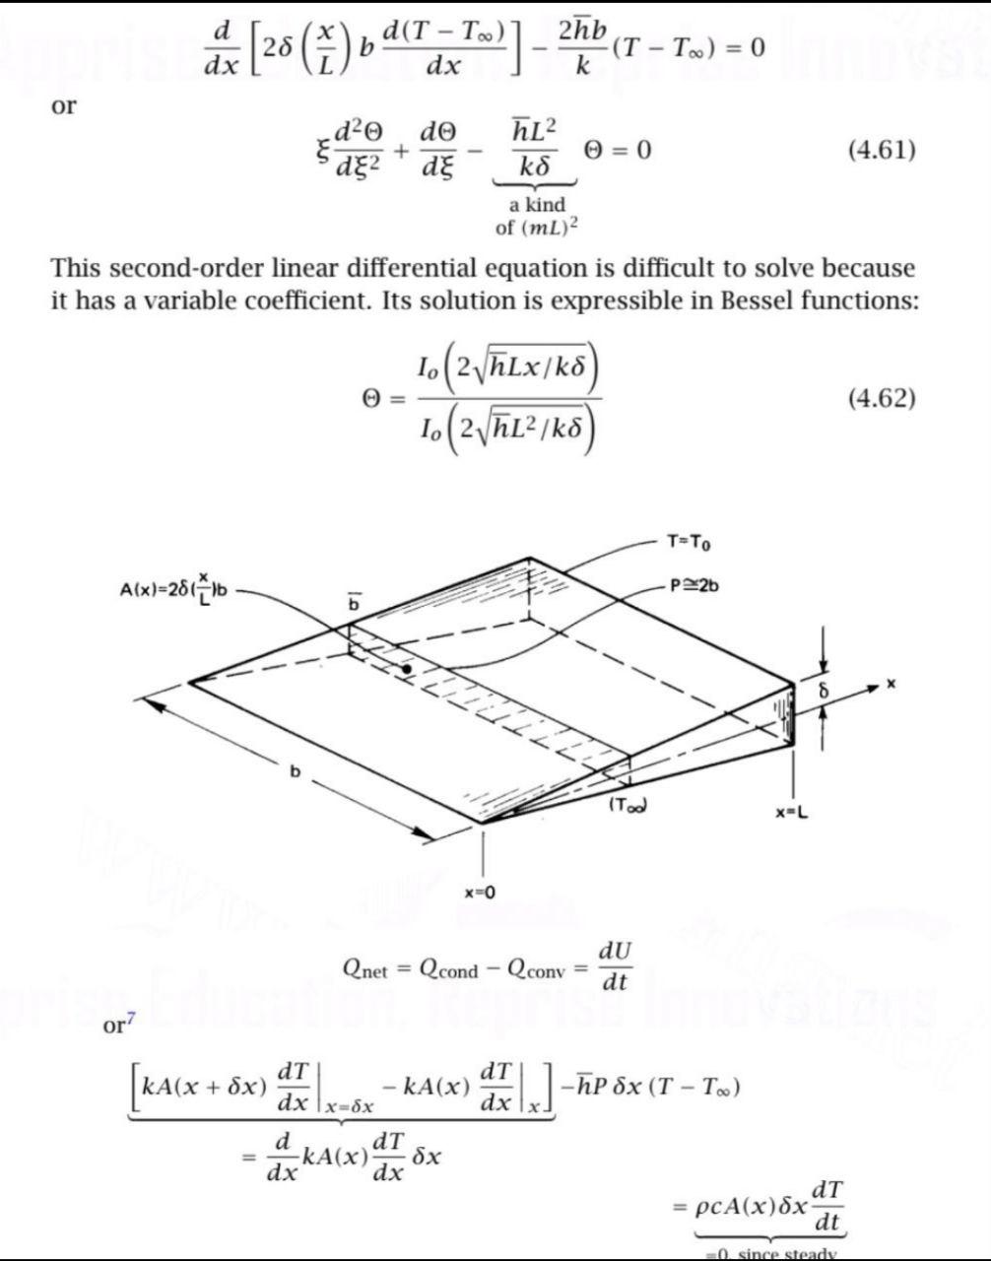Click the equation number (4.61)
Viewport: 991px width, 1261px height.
pos(882,151)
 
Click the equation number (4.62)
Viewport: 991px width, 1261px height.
pos(882,399)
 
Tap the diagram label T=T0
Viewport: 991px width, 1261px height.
pos(689,541)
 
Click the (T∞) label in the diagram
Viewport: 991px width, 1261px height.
pos(628,805)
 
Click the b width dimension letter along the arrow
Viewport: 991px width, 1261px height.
pos(293,771)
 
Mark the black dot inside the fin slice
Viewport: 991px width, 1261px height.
pos(406,670)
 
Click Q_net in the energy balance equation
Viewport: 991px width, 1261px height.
pos(365,969)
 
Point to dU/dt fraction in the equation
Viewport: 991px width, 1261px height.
pos(616,967)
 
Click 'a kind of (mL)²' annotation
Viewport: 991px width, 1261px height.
pos(537,217)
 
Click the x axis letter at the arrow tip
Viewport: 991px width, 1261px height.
pos(891,683)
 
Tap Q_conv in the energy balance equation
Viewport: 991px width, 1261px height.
pos(536,969)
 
